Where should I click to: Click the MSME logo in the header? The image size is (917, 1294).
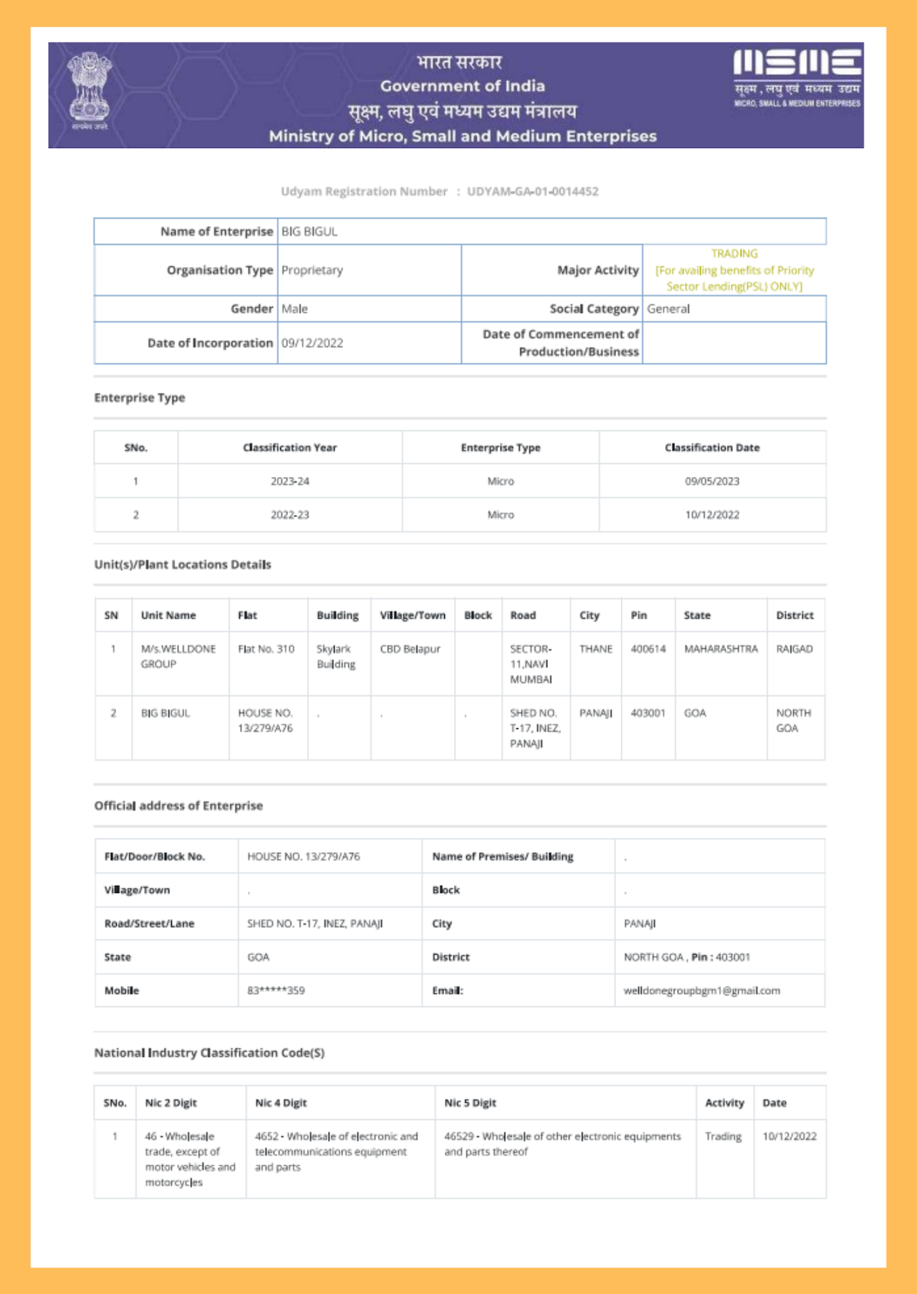(797, 77)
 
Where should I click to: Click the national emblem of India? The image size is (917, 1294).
(90, 90)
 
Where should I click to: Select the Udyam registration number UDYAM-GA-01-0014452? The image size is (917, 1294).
(532, 191)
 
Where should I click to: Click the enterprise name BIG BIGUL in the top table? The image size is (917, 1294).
(309, 231)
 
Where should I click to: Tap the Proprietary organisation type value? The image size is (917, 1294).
(312, 270)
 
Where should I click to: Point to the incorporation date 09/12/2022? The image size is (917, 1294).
(312, 343)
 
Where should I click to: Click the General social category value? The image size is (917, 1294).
(668, 309)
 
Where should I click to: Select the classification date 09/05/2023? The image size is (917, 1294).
(711, 481)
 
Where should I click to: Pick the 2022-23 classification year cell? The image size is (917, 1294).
(289, 515)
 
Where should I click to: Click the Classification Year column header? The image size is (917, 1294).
(289, 448)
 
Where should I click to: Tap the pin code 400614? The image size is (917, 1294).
(648, 649)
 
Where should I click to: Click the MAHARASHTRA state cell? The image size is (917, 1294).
(720, 649)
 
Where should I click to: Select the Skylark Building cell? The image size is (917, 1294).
(336, 656)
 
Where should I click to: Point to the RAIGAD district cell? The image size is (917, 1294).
(794, 649)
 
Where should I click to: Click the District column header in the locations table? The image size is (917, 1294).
(794, 615)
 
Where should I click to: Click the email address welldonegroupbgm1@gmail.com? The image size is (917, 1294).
(701, 990)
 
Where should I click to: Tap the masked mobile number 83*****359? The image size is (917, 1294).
(276, 990)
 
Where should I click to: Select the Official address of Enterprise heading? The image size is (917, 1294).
(178, 806)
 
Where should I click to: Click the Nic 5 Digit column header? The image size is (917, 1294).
(470, 1103)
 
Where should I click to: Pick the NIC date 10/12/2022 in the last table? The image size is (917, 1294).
(789, 1136)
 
